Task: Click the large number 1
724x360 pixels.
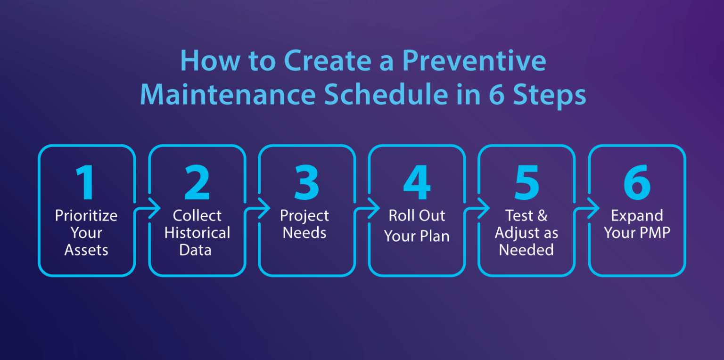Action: click(86, 183)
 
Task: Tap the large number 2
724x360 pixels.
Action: click(197, 183)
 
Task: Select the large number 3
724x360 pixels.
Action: click(306, 183)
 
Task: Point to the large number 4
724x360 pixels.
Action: click(417, 183)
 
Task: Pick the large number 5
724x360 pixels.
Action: click(527, 183)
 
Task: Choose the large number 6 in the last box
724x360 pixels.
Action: click(637, 183)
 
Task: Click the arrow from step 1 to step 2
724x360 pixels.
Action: click(150, 208)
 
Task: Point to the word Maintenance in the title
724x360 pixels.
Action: click(228, 95)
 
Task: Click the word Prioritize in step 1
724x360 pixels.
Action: click(86, 216)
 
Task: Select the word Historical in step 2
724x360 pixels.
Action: click(197, 233)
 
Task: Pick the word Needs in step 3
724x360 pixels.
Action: click(304, 233)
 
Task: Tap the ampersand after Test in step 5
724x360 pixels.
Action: click(542, 216)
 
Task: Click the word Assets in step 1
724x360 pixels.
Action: click(86, 250)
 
